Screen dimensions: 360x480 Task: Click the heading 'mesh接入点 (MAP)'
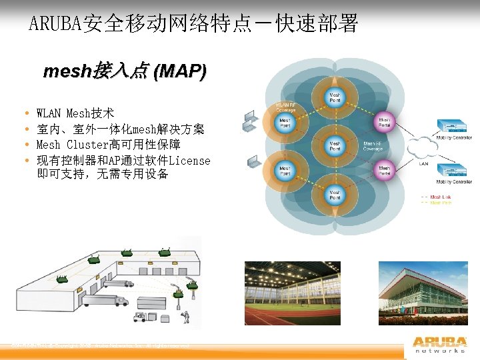(x=125, y=71)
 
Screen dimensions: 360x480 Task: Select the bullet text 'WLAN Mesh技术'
(x=75, y=114)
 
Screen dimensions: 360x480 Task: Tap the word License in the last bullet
(x=189, y=161)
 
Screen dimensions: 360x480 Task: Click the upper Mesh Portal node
(x=385, y=122)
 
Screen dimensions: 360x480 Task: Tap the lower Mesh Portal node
(x=385, y=169)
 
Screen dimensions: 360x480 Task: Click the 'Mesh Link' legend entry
(x=440, y=197)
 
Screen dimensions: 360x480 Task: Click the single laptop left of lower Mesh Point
(x=254, y=161)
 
